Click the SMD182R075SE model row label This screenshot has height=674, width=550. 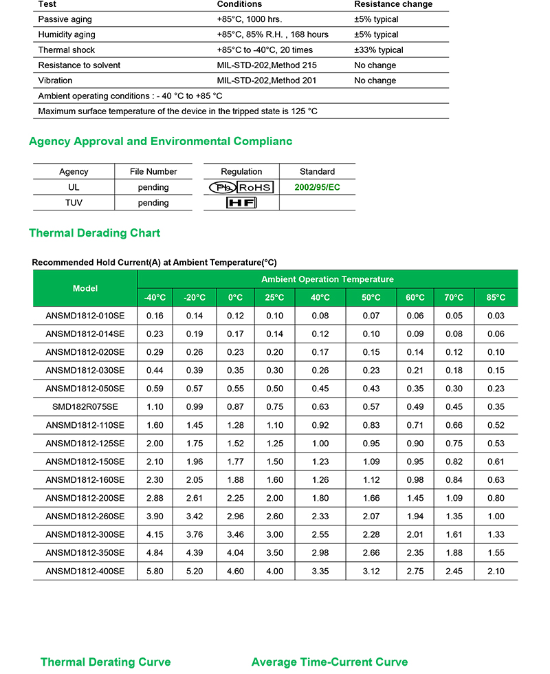[85, 406]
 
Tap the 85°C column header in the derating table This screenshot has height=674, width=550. [496, 298]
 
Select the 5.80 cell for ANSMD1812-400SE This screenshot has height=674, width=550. [155, 571]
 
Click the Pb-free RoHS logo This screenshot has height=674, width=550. [241, 187]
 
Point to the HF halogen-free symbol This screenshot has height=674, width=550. [241, 203]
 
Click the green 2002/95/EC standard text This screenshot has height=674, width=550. [317, 187]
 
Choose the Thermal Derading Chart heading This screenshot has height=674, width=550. [94, 233]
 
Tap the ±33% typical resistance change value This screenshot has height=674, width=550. [379, 50]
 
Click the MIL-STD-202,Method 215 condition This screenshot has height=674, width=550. [266, 65]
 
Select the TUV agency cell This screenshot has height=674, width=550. [74, 203]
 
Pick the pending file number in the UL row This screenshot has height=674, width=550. [153, 187]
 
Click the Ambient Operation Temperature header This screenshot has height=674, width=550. [327, 279]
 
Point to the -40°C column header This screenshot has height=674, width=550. [155, 298]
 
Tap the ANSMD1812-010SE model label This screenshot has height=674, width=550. [85, 316]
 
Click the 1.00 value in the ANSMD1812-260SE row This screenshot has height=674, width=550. [496, 517]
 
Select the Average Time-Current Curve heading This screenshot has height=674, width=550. [329, 662]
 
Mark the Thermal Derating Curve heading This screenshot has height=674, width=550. [105, 662]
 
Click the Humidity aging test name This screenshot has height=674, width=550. [67, 34]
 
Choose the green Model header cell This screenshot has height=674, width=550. [85, 288]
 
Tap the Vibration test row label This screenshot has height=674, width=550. [55, 80]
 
